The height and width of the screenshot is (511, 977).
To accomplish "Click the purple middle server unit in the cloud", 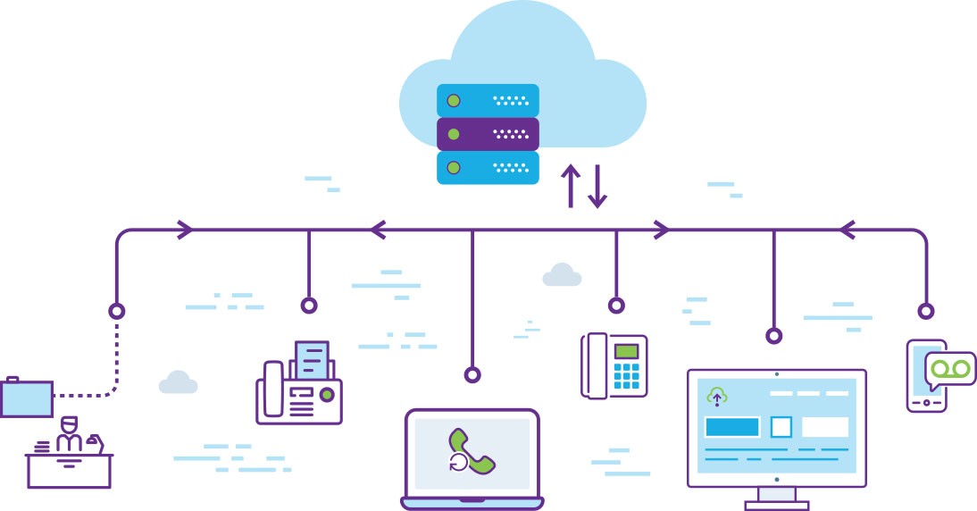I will click(x=488, y=134).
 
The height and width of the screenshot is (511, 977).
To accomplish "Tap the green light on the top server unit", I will click(x=454, y=100).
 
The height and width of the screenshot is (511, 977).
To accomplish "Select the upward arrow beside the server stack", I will click(x=570, y=186).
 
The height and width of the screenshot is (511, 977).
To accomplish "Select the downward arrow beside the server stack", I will click(x=597, y=186).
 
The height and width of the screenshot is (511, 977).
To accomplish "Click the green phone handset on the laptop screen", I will click(x=472, y=450).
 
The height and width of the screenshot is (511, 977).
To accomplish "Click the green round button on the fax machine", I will click(x=327, y=394).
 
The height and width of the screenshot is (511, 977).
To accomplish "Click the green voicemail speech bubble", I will click(x=949, y=367).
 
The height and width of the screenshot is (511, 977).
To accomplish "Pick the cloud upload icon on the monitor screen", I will click(x=716, y=396).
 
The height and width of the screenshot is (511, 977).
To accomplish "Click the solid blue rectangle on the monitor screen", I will click(x=732, y=427).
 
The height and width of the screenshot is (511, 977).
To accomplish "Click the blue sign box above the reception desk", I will click(x=27, y=398).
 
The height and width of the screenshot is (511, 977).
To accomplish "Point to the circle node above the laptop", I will click(x=472, y=374).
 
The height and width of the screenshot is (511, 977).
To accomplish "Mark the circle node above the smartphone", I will click(x=926, y=311).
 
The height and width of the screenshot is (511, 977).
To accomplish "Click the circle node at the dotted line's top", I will click(x=116, y=311).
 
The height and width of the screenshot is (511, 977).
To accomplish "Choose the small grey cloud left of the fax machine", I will click(x=178, y=382).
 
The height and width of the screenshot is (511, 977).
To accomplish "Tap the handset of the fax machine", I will click(x=273, y=390).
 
